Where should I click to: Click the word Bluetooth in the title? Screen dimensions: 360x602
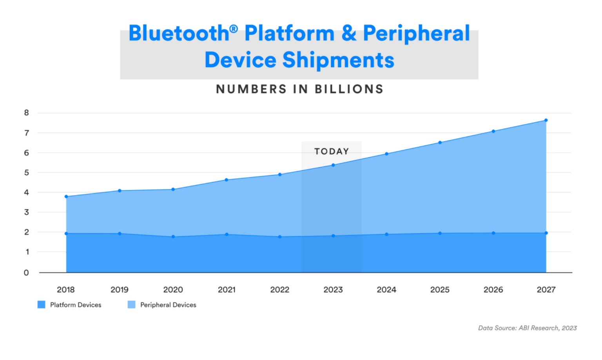179,33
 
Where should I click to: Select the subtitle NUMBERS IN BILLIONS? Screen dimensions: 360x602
300,89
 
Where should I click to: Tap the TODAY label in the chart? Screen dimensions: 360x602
332,152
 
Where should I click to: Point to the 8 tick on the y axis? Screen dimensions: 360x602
27,113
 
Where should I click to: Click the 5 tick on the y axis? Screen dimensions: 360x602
27,172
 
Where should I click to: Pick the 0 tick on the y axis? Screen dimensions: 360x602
26,273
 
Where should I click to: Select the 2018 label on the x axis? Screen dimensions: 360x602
66,289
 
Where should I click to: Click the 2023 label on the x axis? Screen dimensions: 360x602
333,289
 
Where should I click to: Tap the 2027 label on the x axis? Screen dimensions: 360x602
546,289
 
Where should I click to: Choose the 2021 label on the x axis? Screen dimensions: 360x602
227,289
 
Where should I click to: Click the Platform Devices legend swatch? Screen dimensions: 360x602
42,305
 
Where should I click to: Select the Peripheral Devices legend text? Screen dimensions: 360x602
168,305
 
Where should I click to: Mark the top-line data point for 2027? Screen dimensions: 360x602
546,120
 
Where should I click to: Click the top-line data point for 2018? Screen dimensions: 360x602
66,197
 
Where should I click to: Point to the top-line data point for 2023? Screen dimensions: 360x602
333,165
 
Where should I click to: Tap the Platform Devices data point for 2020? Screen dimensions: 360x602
173,237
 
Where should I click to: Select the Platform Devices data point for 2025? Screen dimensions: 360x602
440,233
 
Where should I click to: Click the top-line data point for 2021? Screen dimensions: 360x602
227,180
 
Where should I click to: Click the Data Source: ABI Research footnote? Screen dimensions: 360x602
527,328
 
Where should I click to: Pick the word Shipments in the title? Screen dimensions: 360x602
338,60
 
